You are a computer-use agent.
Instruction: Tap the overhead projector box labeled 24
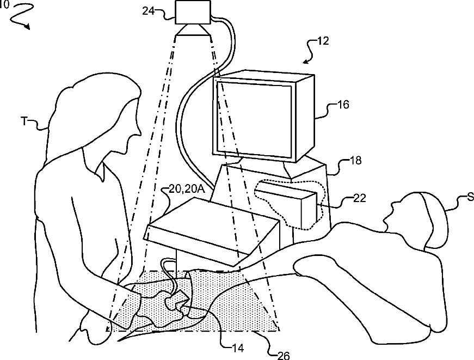click(193, 12)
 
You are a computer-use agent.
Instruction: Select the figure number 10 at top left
click(4, 4)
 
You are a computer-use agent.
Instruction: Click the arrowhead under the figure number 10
click(28, 26)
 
